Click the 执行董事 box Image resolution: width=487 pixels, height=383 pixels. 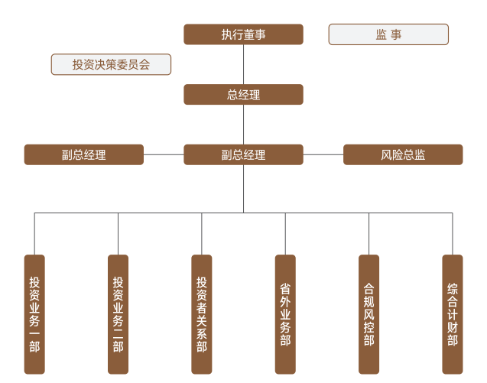pyautogui.click(x=243, y=34)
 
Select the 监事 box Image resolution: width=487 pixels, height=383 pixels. pyautogui.click(x=388, y=34)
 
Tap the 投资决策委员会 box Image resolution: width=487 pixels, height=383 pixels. pyautogui.click(x=111, y=64)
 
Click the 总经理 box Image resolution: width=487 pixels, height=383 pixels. pyautogui.click(x=243, y=95)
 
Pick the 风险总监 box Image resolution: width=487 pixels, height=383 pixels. pyautogui.click(x=403, y=154)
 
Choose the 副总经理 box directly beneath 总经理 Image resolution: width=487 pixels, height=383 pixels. pyautogui.click(x=243, y=154)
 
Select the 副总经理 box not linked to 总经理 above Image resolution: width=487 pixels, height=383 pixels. pyautogui.click(x=84, y=154)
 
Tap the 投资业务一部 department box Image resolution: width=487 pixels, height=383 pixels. pyautogui.click(x=34, y=313)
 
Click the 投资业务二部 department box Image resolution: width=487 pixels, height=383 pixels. pyautogui.click(x=118, y=313)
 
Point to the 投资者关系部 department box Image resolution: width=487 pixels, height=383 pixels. pyautogui.click(x=202, y=313)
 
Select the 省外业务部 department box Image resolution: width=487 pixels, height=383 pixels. pyautogui.click(x=285, y=313)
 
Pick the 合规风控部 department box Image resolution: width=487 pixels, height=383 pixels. pyautogui.click(x=368, y=313)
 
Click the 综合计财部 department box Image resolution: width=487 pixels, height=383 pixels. pyautogui.click(x=453, y=313)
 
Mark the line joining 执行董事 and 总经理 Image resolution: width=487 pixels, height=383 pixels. pyautogui.click(x=243, y=64)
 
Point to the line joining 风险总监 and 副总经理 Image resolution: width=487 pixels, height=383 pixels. pyautogui.click(x=323, y=154)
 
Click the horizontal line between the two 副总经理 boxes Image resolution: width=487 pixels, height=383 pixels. pyautogui.click(x=164, y=154)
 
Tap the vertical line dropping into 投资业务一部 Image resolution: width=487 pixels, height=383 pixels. pyautogui.click(x=34, y=233)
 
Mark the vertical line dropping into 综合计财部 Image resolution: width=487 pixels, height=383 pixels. pyautogui.click(x=453, y=233)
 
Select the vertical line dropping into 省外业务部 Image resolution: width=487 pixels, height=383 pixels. pyautogui.click(x=285, y=233)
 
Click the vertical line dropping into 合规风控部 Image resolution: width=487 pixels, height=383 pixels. pyautogui.click(x=368, y=233)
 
